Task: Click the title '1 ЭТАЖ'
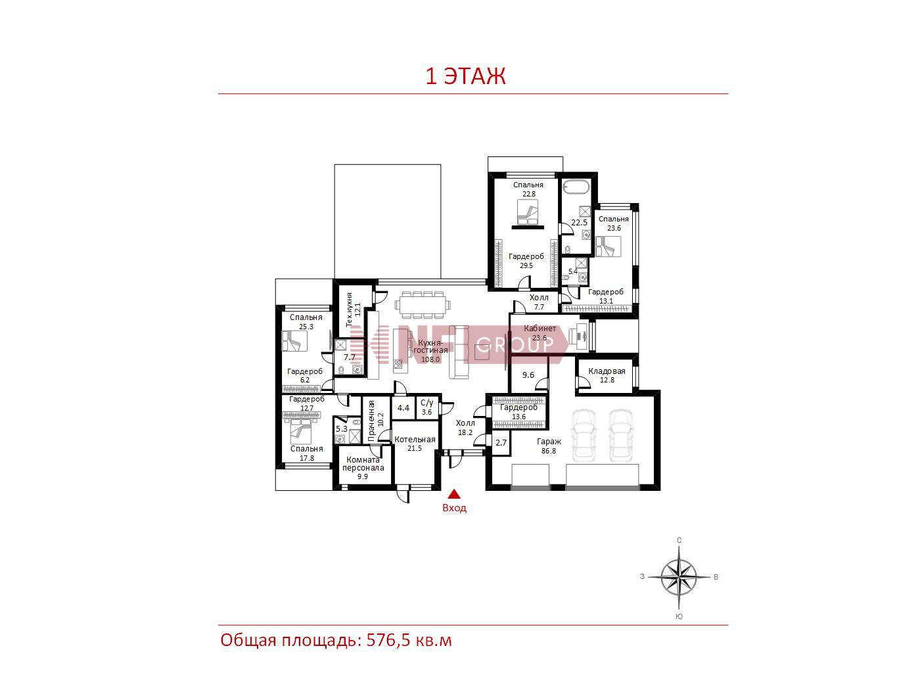coord(465,76)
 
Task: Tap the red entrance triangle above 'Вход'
coord(454,495)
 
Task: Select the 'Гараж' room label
coord(549,442)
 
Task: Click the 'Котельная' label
coord(415,440)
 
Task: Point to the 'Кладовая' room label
coord(607,371)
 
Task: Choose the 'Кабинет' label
coord(540,329)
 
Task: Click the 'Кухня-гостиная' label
coord(430,347)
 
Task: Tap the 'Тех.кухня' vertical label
coord(349,310)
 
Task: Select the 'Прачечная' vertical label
coord(371,421)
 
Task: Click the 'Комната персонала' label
coord(363,464)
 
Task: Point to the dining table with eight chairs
coord(423,304)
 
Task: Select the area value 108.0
coord(430,359)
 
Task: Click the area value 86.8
coord(549,451)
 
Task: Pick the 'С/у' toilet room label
coord(426,403)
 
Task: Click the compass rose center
coord(679,577)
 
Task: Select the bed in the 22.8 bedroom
coord(527,212)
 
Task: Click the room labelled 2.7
coord(501,442)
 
